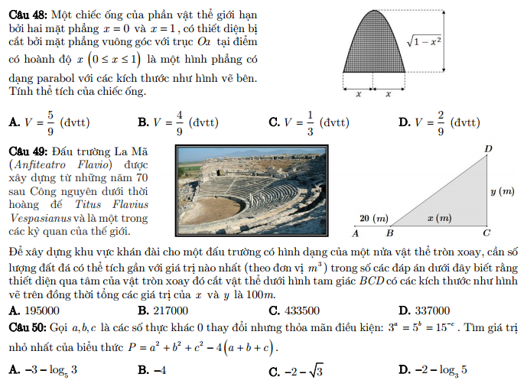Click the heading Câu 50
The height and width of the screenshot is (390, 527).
click(27, 327)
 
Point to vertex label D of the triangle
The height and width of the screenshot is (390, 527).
click(487, 147)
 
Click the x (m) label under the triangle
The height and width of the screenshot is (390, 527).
click(439, 219)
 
